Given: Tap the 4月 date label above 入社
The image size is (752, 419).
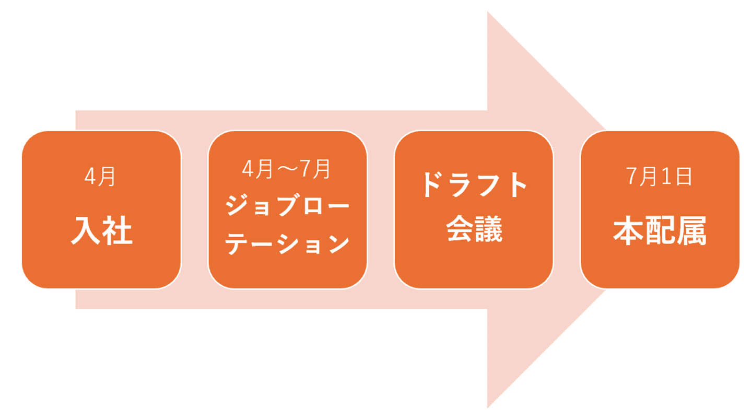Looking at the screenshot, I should (100, 177).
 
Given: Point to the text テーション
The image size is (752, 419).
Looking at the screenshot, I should (287, 243).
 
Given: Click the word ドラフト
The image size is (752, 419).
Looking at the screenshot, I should (473, 184).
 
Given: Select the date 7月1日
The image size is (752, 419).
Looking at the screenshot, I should (660, 177).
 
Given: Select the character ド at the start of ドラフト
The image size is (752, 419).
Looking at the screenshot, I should (434, 184).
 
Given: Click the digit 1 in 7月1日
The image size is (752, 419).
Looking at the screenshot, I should (666, 177).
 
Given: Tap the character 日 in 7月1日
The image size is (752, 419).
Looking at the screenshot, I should (683, 177).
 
